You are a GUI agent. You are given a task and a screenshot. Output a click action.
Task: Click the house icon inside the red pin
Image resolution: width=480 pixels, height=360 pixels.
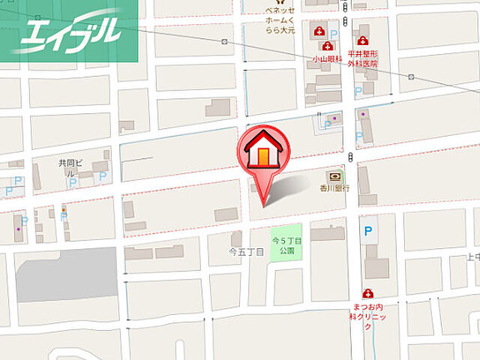[262, 151]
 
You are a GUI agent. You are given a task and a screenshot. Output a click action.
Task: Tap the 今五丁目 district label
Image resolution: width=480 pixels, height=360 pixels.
[246, 253]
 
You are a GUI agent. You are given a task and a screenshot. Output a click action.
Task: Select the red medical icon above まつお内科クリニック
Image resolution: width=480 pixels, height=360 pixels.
[368, 294]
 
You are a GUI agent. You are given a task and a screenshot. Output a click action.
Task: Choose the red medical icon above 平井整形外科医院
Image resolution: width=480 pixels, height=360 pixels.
[363, 40]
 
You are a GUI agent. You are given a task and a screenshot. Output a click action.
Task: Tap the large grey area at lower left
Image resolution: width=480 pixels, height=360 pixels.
[67, 274]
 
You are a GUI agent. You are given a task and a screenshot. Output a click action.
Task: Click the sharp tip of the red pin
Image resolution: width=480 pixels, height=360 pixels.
[263, 204]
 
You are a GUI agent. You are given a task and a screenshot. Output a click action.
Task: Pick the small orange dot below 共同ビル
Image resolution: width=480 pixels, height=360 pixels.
[64, 208]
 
